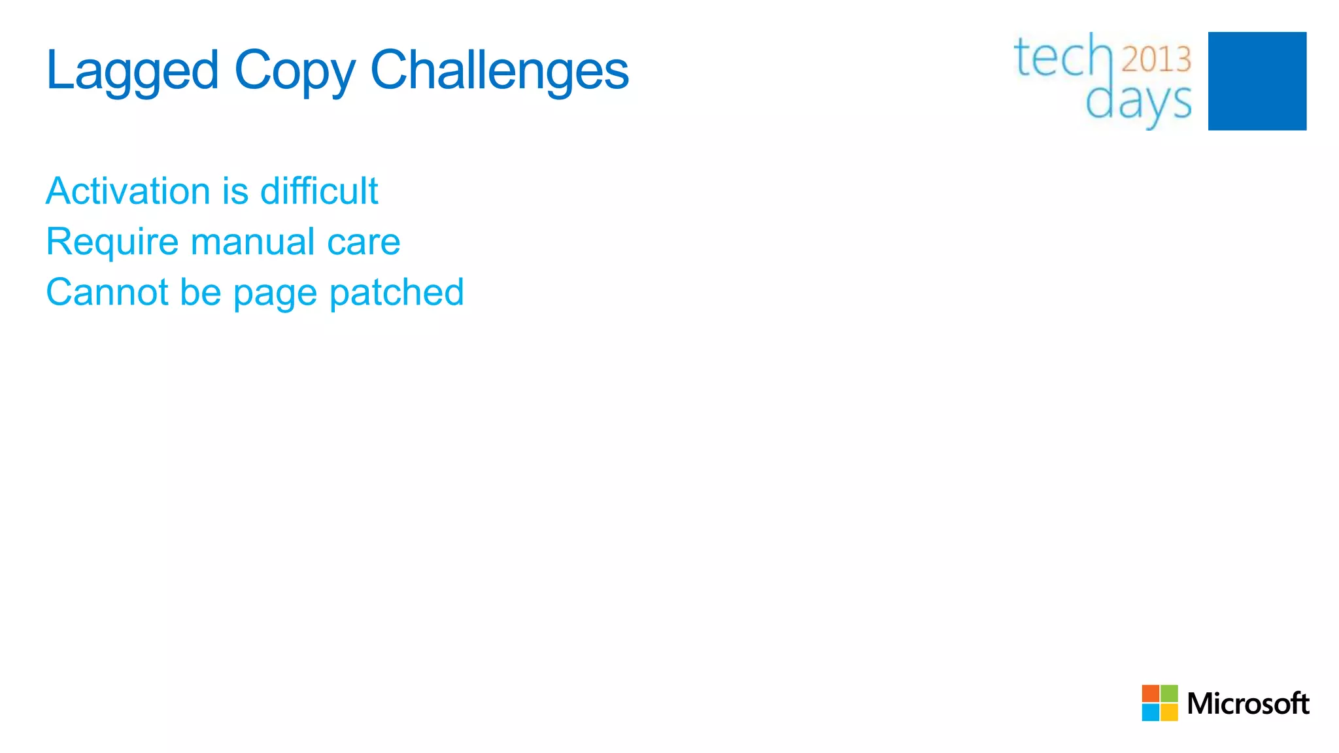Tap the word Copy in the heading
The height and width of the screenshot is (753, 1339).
click(x=295, y=71)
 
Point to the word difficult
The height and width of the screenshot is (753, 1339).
click(x=319, y=191)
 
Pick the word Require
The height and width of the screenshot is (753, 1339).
click(x=112, y=242)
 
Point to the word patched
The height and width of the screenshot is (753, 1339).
click(x=396, y=292)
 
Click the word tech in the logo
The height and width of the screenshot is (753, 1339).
click(x=1062, y=57)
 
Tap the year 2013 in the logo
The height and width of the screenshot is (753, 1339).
click(x=1156, y=59)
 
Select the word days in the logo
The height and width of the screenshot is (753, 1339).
click(x=1138, y=103)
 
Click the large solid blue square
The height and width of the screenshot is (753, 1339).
click(x=1257, y=81)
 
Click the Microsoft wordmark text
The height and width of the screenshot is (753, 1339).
click(x=1247, y=704)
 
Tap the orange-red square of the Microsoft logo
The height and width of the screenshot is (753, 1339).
click(x=1151, y=694)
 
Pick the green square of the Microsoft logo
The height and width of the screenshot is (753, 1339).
click(x=1169, y=694)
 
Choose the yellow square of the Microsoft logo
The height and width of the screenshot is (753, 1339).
click(x=1169, y=712)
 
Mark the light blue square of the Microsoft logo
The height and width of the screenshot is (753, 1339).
click(x=1151, y=712)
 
